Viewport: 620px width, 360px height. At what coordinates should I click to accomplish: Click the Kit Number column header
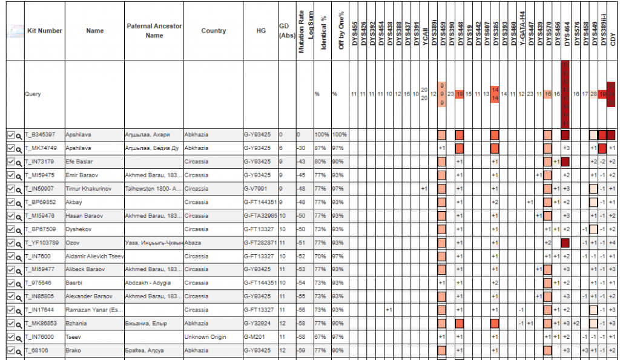point(45,31)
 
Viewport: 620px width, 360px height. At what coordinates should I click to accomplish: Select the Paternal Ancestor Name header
point(154,31)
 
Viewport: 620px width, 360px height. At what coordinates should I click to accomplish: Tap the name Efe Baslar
point(79,162)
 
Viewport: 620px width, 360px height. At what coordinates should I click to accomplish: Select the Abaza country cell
point(193,243)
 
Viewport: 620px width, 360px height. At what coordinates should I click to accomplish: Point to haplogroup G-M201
point(253,336)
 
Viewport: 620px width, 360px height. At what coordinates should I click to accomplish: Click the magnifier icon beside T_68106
point(19,350)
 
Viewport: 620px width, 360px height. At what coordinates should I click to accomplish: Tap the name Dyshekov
point(79,229)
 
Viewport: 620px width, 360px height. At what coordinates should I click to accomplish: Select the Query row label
point(33,94)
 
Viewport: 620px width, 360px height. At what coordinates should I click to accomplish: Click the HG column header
point(261,31)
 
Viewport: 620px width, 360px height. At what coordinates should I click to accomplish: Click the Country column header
point(213,31)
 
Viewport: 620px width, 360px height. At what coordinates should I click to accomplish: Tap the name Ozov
point(72,243)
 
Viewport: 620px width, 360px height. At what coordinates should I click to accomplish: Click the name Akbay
point(74,202)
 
